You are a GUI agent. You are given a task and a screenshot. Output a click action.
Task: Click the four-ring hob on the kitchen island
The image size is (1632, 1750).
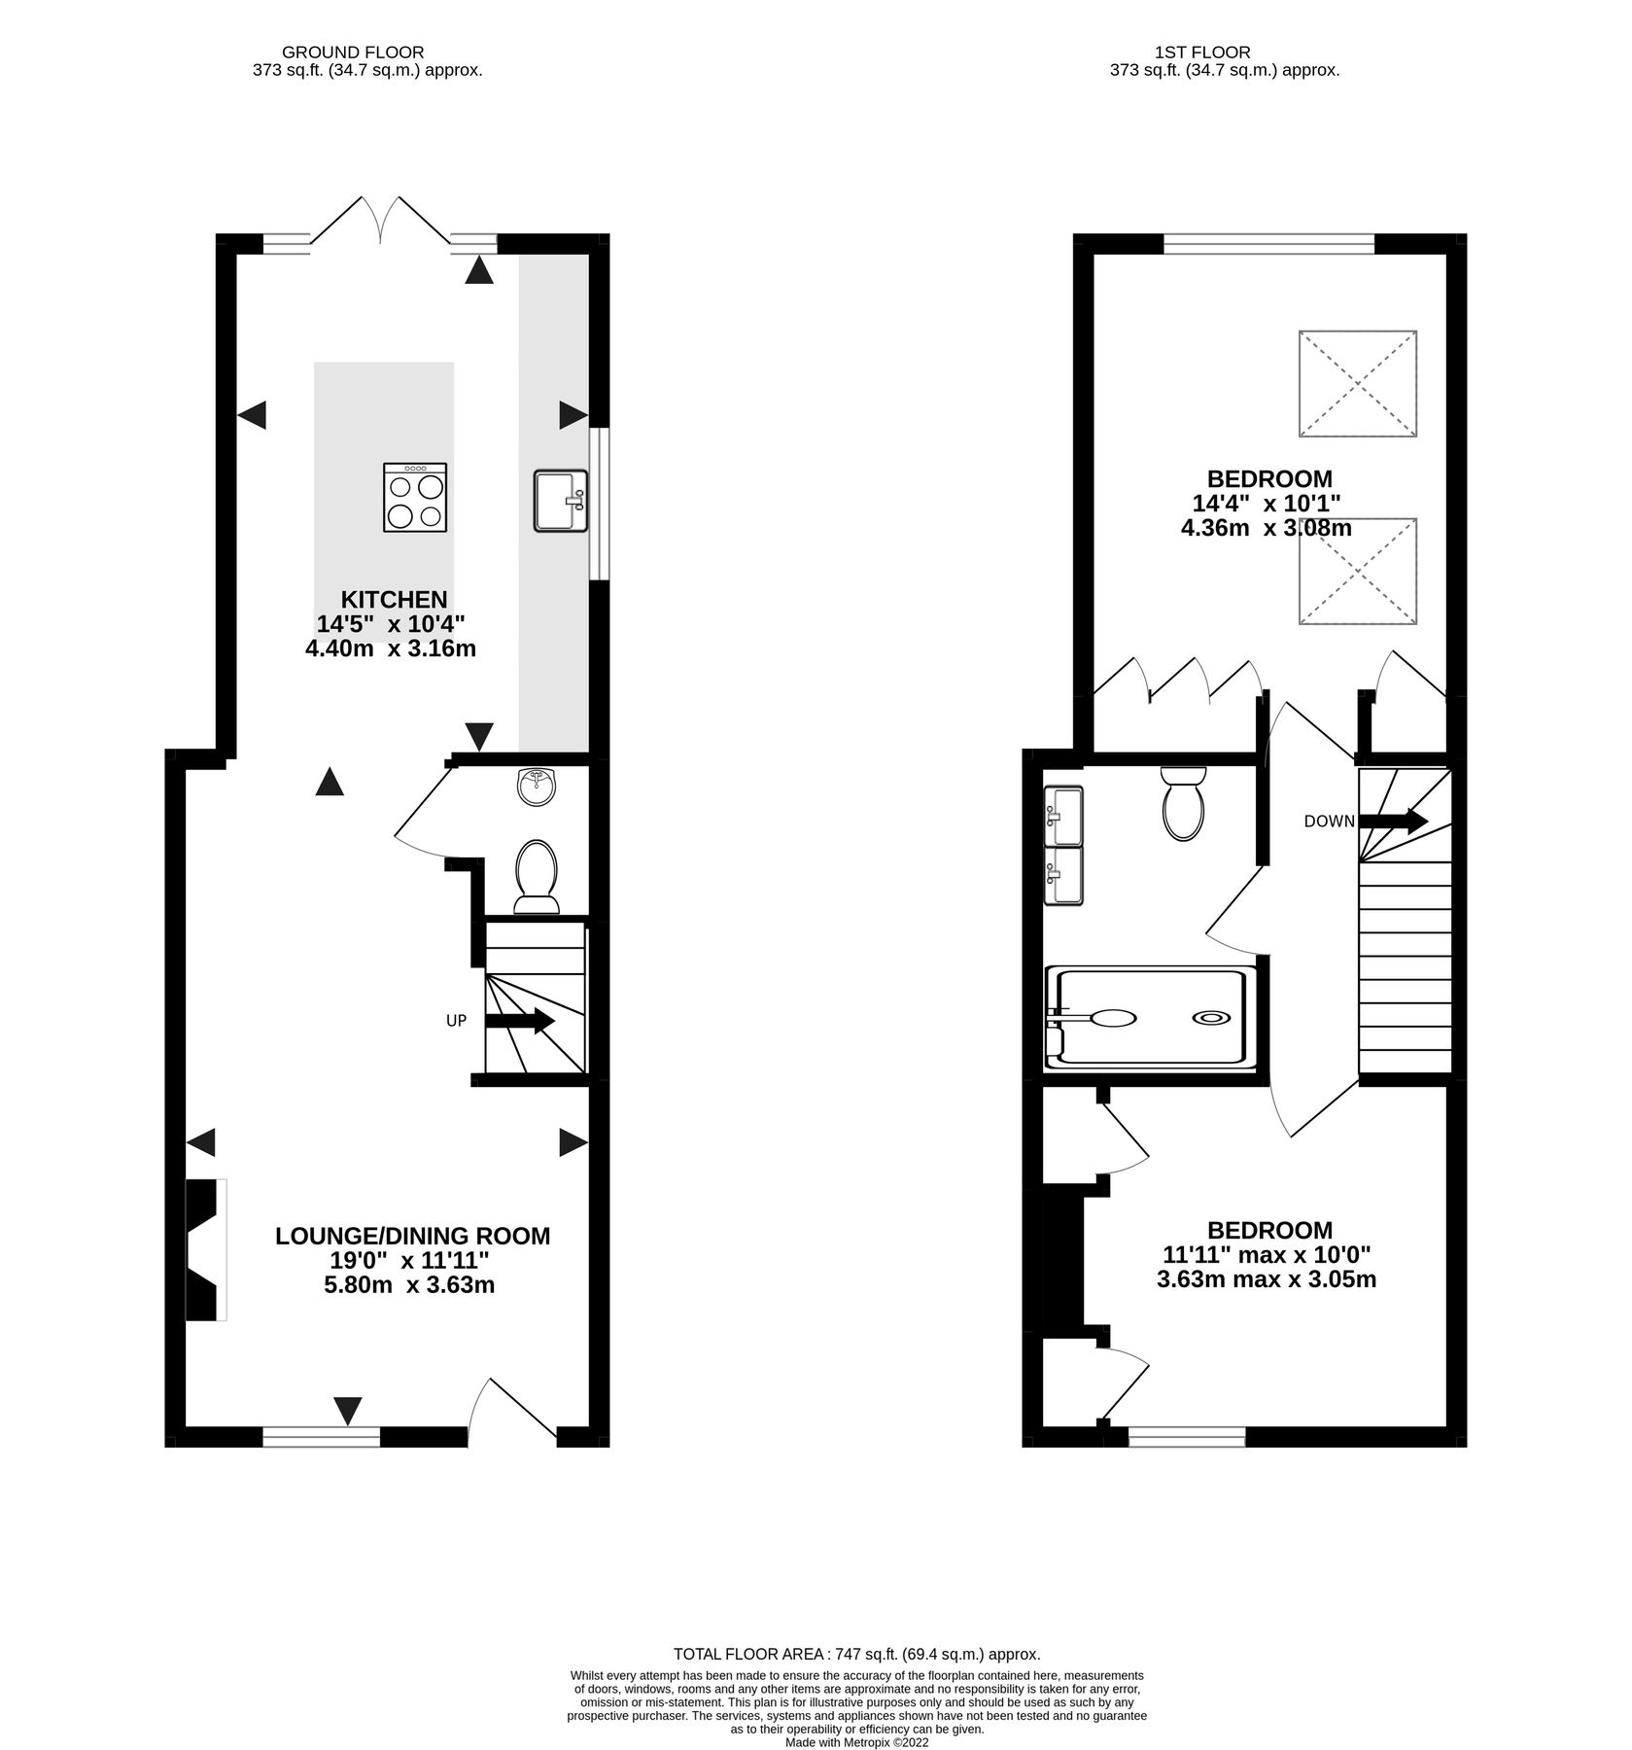click(x=416, y=497)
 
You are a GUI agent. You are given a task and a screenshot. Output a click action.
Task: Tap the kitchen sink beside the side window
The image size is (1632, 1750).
click(x=560, y=501)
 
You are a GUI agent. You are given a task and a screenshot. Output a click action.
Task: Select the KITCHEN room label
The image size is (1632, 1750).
click(x=394, y=599)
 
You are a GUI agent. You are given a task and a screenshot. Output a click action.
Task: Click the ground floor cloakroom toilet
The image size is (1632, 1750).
click(x=537, y=875)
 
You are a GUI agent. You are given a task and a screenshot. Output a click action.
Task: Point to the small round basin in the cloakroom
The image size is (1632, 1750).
click(x=538, y=787)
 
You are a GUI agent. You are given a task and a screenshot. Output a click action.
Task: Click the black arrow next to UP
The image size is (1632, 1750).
click(x=519, y=1021)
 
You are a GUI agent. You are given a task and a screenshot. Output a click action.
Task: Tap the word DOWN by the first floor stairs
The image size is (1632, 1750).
click(x=1329, y=822)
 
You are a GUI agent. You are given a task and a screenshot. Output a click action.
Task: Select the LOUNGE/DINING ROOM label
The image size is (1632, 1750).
click(x=412, y=1236)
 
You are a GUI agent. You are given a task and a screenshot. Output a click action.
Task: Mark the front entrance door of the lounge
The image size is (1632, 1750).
click(x=512, y=1408)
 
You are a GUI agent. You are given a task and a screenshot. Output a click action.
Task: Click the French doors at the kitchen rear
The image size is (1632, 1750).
click(x=380, y=221)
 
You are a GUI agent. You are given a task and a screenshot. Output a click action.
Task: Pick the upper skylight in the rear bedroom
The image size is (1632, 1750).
click(x=1357, y=383)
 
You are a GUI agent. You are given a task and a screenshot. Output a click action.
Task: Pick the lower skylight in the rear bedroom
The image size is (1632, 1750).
click(x=1357, y=571)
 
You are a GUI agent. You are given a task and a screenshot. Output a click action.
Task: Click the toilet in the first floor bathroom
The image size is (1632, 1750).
click(x=1183, y=803)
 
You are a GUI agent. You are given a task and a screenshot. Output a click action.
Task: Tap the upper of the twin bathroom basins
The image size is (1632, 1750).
click(x=1063, y=817)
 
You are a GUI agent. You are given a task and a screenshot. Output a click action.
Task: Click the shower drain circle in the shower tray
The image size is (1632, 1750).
click(x=1208, y=1018)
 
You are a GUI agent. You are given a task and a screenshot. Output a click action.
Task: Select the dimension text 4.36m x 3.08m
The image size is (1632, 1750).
click(x=1266, y=528)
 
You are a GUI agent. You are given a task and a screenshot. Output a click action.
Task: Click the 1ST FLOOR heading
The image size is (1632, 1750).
click(x=1201, y=52)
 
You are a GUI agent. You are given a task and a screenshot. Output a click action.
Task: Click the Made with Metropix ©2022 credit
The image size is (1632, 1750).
click(x=857, y=1743)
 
